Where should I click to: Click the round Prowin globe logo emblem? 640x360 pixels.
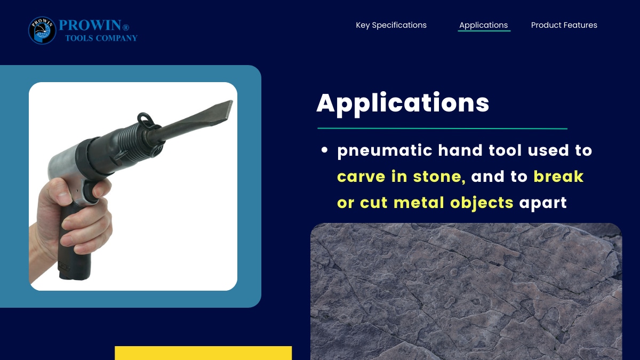coord(42,30)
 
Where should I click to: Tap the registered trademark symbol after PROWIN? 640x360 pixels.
coord(126,27)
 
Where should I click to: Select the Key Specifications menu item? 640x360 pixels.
coord(391,25)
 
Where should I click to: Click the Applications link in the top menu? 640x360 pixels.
coord(483,25)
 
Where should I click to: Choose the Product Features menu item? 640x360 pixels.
coord(564,25)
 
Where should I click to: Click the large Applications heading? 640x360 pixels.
coord(403,105)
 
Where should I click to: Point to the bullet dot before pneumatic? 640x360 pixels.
coord(324,150)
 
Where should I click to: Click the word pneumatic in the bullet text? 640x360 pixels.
coord(385,151)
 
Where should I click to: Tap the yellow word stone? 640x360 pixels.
coord(439,177)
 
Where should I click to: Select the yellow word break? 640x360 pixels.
coord(558,176)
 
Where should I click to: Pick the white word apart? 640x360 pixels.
coord(543,203)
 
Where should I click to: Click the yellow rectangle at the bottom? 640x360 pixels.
coord(203,353)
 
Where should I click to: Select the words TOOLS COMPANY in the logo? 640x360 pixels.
coord(101,38)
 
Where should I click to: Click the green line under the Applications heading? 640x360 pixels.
coord(442,129)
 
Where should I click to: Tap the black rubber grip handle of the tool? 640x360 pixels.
coord(74,243)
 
